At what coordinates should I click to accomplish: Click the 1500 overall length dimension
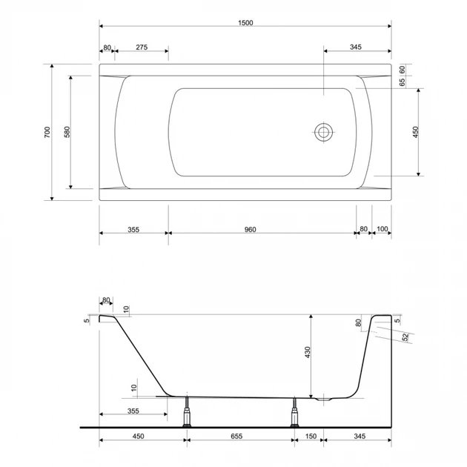[245, 23]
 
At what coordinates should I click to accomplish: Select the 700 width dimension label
[47, 132]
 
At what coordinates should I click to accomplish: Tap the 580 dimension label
[67, 132]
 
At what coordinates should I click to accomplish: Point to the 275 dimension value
[142, 47]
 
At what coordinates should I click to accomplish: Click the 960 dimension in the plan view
[251, 230]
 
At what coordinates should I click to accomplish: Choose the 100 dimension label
[382, 229]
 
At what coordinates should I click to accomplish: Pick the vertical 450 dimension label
[416, 132]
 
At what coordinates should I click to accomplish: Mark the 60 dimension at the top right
[403, 70]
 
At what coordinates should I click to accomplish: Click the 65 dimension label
[403, 82]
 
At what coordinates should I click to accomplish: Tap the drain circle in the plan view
[324, 132]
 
